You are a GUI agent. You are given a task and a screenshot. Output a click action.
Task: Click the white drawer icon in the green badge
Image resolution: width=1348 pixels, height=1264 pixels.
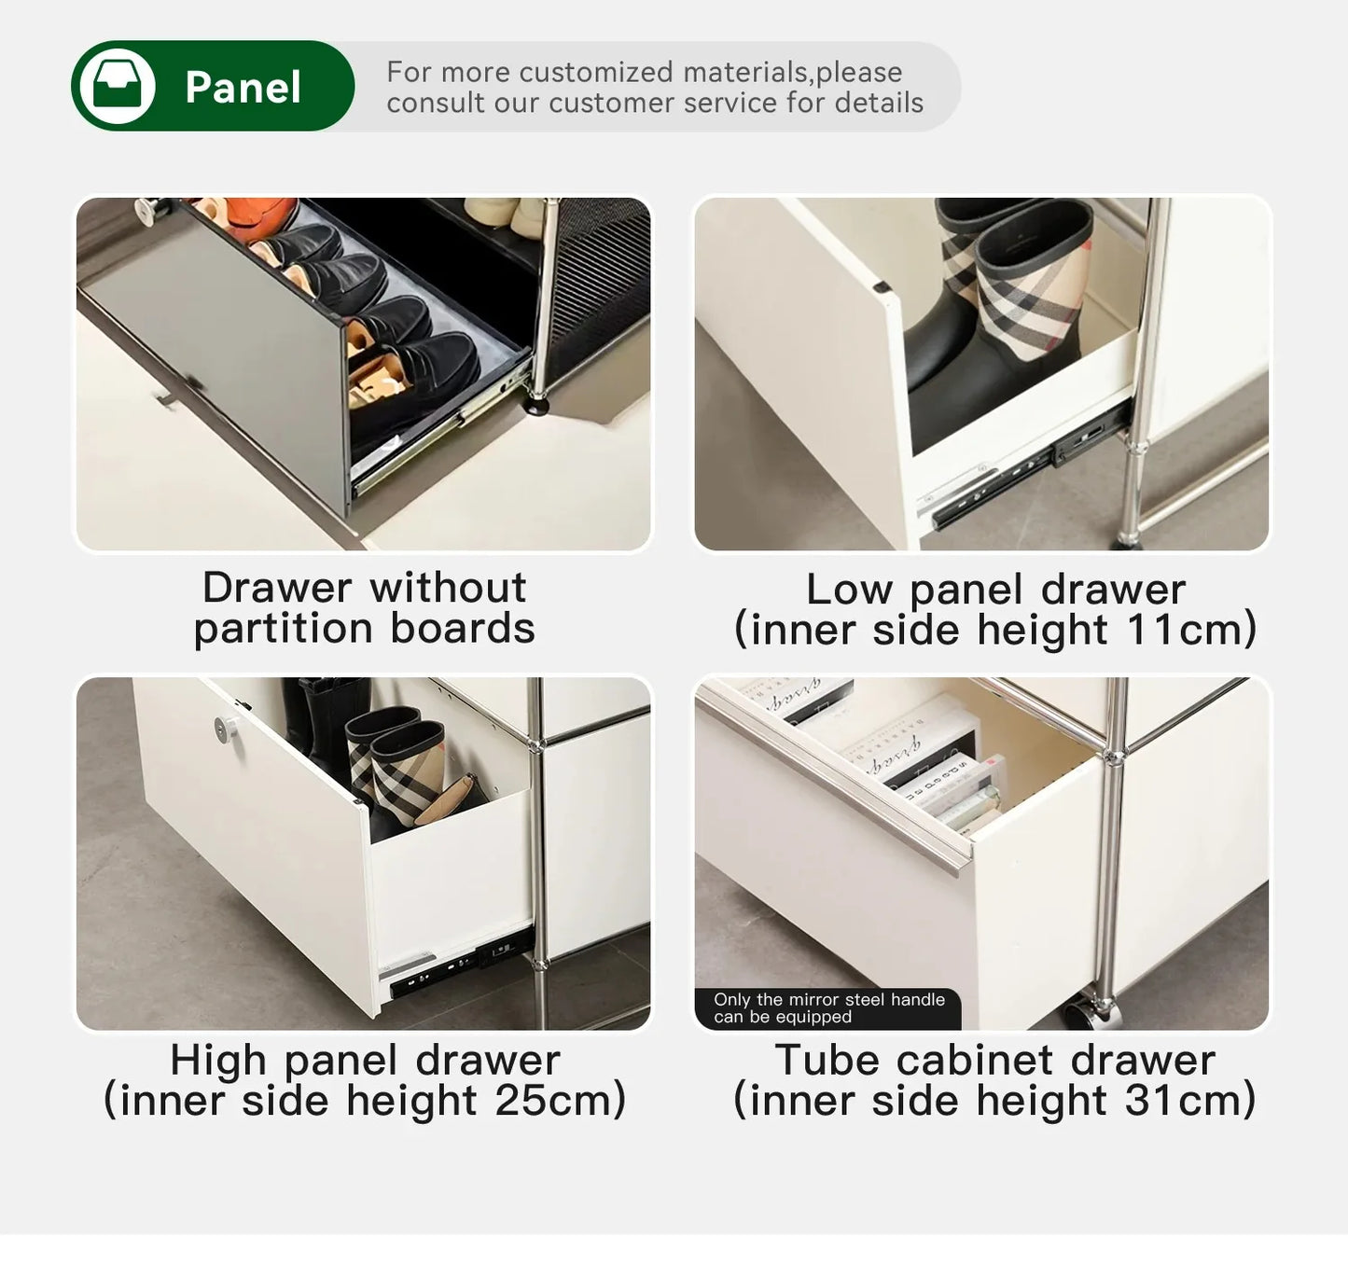click(117, 86)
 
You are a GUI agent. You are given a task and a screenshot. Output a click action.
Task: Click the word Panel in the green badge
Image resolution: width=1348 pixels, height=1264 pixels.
click(243, 88)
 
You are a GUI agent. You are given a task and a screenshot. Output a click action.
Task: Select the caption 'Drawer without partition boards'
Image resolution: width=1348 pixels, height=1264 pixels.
click(364, 608)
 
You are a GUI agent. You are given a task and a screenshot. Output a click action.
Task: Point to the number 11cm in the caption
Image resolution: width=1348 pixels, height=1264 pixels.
click(1181, 630)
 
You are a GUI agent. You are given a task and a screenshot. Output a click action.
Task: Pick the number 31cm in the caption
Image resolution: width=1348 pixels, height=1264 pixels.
click(1180, 1101)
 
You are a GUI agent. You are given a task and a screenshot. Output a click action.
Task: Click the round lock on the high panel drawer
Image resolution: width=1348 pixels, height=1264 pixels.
click(225, 727)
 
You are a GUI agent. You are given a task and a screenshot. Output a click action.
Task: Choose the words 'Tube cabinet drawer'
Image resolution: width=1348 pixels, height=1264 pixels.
click(994, 1061)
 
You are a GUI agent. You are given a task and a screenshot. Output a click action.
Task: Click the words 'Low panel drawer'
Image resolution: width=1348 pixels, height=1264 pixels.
click(994, 590)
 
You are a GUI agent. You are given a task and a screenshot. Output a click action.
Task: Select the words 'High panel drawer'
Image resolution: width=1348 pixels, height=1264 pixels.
click(364, 1061)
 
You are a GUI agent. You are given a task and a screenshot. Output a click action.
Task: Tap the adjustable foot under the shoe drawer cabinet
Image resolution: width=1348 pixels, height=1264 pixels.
click(538, 403)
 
